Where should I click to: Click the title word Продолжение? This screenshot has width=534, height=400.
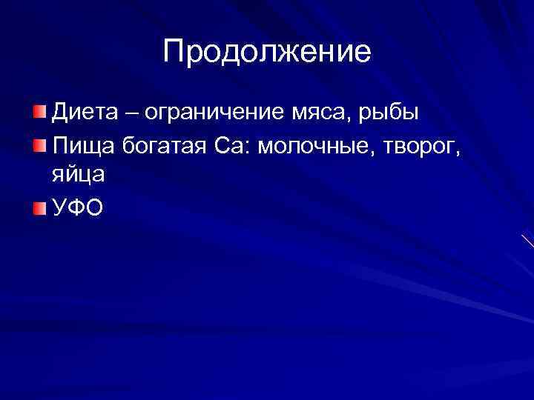pyautogui.click(x=267, y=52)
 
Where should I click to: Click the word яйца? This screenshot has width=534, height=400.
pyautogui.click(x=79, y=177)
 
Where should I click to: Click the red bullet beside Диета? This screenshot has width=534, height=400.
pyautogui.click(x=39, y=113)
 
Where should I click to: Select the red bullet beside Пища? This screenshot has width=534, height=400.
pyautogui.click(x=39, y=144)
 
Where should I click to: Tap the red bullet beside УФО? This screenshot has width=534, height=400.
pyautogui.click(x=39, y=208)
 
